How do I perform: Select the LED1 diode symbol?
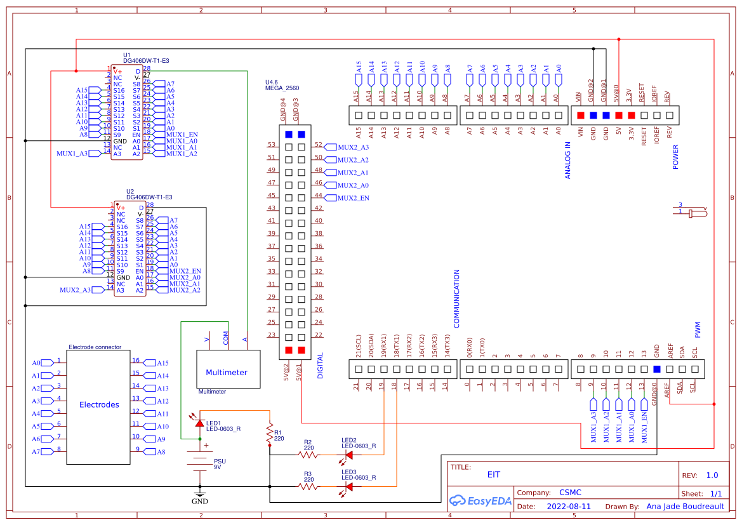[x=199, y=423]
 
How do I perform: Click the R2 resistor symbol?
[x=308, y=454]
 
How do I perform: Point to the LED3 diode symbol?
[x=348, y=487]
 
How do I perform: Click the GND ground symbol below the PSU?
[x=200, y=495]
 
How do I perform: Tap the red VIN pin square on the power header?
[x=580, y=116]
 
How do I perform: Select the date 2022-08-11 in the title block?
[x=569, y=507]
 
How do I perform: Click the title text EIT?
[x=493, y=474]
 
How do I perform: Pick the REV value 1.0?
[x=712, y=475]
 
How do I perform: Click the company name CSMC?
[x=570, y=493]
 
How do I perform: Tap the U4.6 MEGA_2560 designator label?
[x=281, y=86]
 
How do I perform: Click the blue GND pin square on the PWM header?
[x=656, y=369]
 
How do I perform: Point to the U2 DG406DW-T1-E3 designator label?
[x=149, y=194]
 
